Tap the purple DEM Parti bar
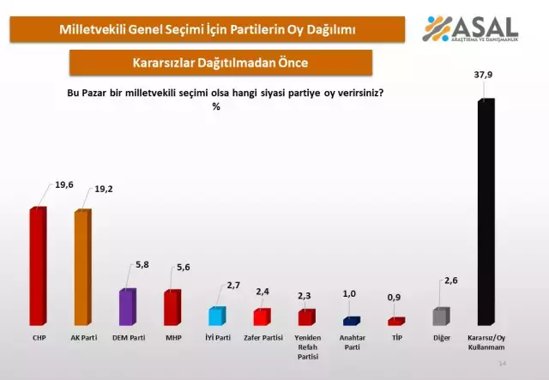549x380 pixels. pyautogui.click(x=127, y=307)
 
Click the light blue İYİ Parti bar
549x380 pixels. pyautogui.click(x=217, y=317)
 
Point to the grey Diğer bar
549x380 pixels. pyautogui.click(x=440, y=317)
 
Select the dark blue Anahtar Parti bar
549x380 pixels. pyautogui.click(x=351, y=322)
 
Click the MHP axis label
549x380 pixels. pyautogui.click(x=172, y=337)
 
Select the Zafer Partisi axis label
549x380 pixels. pyautogui.click(x=262, y=337)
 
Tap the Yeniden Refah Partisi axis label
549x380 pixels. pyautogui.click(x=306, y=346)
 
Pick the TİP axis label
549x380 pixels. pyautogui.click(x=395, y=337)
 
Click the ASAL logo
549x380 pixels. pyautogui.click(x=470, y=30)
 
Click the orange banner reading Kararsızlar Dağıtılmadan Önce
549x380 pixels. pyautogui.click(x=221, y=63)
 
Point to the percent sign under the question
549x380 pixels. pyautogui.click(x=216, y=106)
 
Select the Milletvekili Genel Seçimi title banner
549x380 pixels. pyautogui.click(x=208, y=29)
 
